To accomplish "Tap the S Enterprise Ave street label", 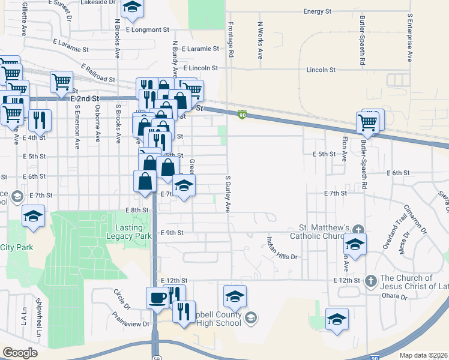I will pyautogui.click(x=410, y=38).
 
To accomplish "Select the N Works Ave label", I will pyautogui.click(x=260, y=40).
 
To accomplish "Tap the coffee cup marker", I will pyautogui.click(x=157, y=298).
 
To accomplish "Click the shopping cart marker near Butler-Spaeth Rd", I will pyautogui.click(x=367, y=123).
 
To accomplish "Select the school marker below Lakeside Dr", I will pyautogui.click(x=132, y=8).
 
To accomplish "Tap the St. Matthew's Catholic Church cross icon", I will pyautogui.click(x=358, y=229).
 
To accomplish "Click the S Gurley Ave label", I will pyautogui.click(x=228, y=194).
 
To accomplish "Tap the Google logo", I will pyautogui.click(x=20, y=353).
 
